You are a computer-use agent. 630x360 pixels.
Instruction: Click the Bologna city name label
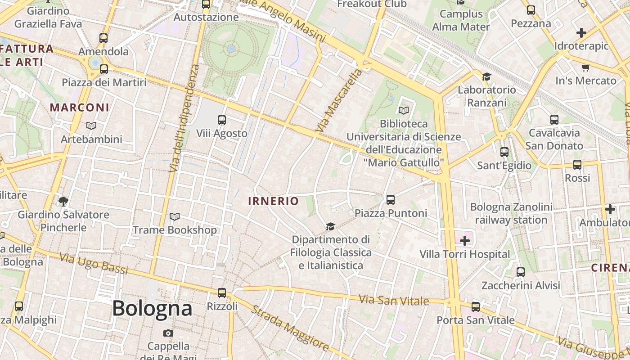pos(152,309)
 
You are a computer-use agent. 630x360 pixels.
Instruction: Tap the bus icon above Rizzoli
pos(221,293)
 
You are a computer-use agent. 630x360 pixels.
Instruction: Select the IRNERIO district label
pos(273,201)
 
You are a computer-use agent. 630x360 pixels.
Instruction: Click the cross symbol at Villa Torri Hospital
pos(464,241)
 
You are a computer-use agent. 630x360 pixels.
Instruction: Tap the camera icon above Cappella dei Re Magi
pos(168,333)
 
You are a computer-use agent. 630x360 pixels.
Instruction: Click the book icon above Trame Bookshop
pos(175,217)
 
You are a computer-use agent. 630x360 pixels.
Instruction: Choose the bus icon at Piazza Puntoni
pos(390,199)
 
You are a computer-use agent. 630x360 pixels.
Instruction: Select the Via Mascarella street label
pos(339,100)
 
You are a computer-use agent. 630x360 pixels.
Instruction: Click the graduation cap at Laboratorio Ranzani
pos(486,76)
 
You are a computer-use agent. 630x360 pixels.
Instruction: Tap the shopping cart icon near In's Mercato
pos(585,68)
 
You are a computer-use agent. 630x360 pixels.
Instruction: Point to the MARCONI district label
pos(80,108)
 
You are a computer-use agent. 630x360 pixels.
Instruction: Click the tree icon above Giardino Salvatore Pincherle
pos(63,201)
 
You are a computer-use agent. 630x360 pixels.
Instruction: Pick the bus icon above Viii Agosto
pos(221,120)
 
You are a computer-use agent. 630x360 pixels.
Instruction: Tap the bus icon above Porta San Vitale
pos(476,307)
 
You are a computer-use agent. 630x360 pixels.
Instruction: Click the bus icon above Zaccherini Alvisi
pos(521,272)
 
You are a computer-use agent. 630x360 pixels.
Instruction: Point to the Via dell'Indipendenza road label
pos(184,118)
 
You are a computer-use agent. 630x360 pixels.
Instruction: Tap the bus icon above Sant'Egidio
pos(504,152)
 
